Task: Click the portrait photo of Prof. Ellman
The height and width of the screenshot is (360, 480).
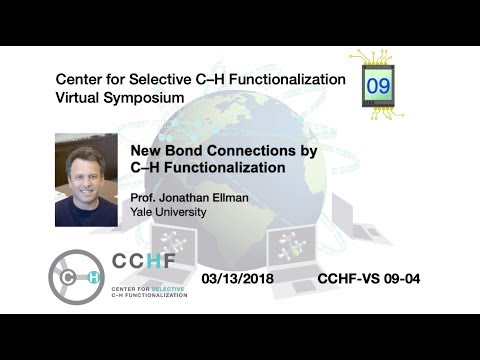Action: tap(86, 180)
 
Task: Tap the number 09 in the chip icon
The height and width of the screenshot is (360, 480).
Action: tap(379, 86)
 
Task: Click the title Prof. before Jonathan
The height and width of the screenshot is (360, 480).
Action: tap(146, 197)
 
